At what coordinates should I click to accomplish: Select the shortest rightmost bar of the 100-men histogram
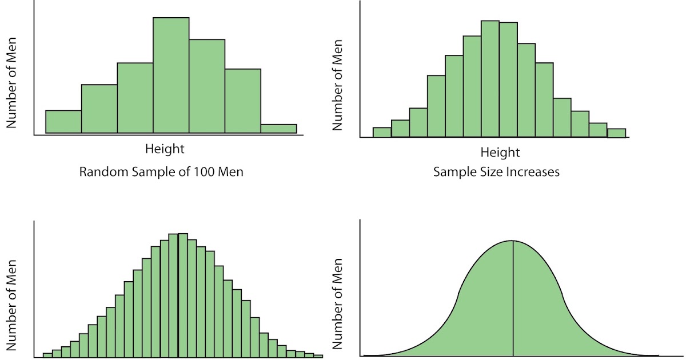tap(278, 129)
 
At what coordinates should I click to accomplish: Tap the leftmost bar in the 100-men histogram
tap(63, 122)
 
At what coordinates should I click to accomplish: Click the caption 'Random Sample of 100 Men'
tap(161, 171)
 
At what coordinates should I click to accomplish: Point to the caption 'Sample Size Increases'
tap(496, 171)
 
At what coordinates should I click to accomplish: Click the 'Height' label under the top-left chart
tap(165, 149)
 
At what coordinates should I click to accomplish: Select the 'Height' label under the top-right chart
tap(500, 153)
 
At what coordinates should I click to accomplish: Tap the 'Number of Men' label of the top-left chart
tap(11, 83)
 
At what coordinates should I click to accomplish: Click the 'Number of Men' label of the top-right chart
tap(338, 86)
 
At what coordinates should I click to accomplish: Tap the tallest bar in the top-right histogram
tap(490, 80)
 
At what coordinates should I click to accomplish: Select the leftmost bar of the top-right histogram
tap(382, 133)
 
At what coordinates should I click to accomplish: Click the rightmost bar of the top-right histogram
tap(616, 133)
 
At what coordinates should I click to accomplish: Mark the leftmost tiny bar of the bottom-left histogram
tap(47, 355)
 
